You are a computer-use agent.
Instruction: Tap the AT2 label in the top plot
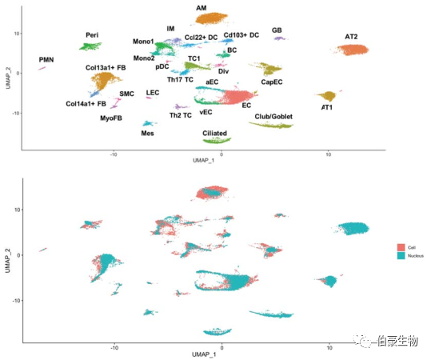(351, 37)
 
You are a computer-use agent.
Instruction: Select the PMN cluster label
(48, 61)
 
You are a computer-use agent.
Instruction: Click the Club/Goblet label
(273, 116)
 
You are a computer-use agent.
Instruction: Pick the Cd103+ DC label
(241, 35)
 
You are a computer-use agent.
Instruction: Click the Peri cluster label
(93, 36)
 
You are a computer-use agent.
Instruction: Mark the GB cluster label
(277, 30)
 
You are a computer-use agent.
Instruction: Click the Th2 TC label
(180, 115)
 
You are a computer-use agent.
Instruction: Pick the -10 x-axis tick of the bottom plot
(114, 346)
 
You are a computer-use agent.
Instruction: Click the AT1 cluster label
(327, 107)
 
